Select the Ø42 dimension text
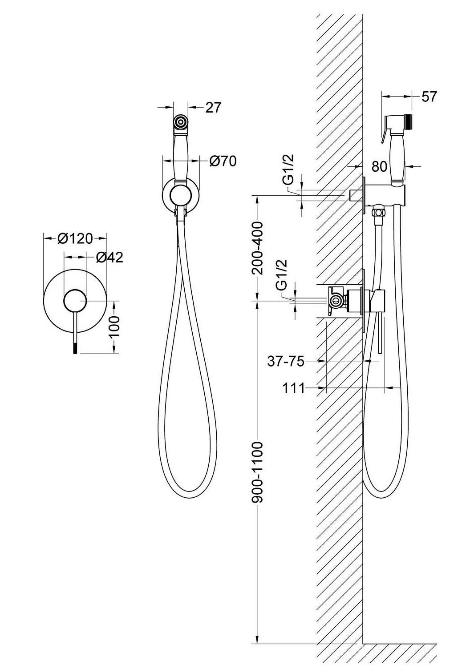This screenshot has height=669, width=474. [x=109, y=257]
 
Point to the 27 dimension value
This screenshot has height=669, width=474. [x=213, y=107]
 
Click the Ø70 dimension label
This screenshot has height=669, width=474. [x=223, y=161]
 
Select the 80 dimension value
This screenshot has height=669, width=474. [x=380, y=166]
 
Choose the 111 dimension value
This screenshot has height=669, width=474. [x=294, y=388]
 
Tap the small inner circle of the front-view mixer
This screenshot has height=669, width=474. [x=75, y=301]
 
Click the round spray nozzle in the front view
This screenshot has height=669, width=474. [x=181, y=122]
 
